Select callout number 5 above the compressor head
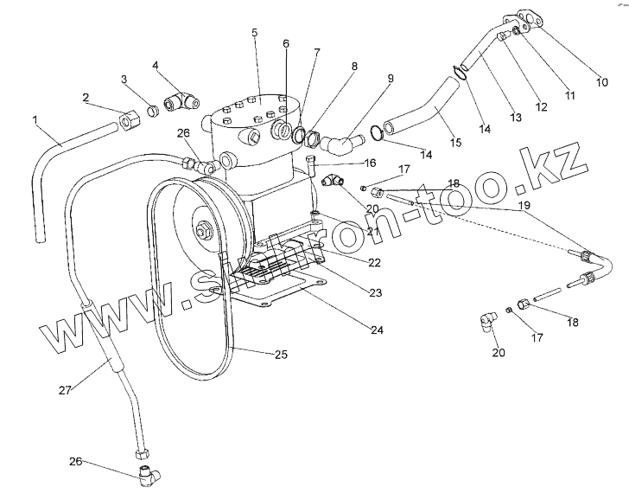[255, 32]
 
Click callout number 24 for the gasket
[376, 329]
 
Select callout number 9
[391, 78]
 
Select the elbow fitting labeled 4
[181, 102]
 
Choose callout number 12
[541, 107]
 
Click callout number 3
[124, 80]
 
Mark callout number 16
[346, 163]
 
